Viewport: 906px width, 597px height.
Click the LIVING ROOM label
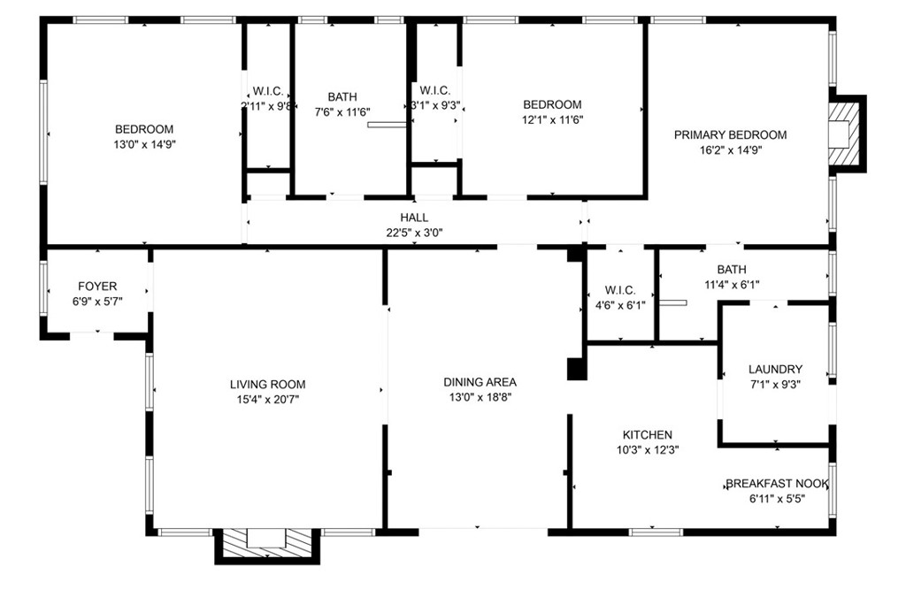(267, 385)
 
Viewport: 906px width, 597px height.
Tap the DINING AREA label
(480, 382)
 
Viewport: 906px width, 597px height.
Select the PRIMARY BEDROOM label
(730, 135)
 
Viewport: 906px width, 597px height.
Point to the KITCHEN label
(647, 435)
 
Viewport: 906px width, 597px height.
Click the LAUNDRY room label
(775, 370)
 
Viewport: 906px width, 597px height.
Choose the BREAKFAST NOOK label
(777, 484)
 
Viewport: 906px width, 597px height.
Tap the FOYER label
(97, 287)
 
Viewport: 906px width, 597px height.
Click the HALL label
(414, 218)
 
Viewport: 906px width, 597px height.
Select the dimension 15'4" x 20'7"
(267, 400)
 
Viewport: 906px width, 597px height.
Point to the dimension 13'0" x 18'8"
(480, 397)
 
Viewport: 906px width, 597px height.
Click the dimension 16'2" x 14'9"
(730, 150)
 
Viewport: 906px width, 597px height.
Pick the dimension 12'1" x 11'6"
(552, 120)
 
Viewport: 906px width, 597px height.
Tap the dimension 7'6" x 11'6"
(342, 112)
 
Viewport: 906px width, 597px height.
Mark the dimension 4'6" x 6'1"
(620, 305)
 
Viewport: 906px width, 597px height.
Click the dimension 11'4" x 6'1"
(732, 285)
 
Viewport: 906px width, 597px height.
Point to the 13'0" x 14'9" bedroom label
(144, 129)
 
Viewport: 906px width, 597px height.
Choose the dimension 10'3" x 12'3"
(647, 450)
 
